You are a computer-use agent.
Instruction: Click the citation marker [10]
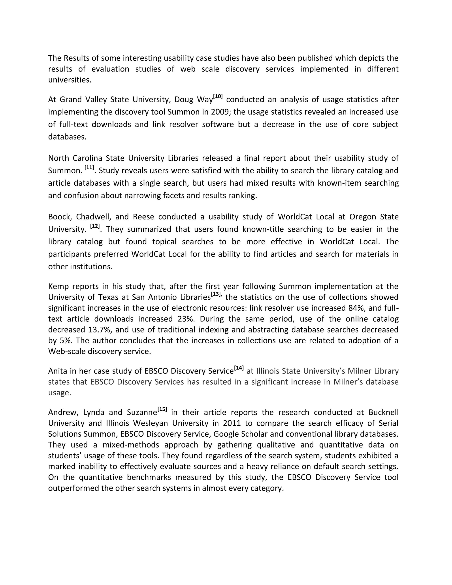(218, 96)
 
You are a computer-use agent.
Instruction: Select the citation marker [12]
(95, 226)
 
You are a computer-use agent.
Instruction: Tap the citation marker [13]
(216, 294)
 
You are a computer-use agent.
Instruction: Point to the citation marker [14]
(239, 368)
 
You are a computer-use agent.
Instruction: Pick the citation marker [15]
(162, 409)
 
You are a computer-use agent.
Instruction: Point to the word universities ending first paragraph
(69, 80)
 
